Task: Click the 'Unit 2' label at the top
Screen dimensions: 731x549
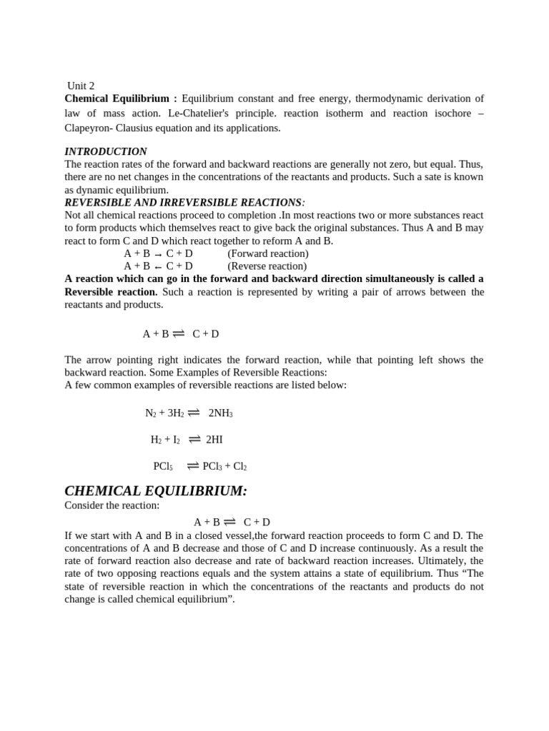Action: click(x=81, y=86)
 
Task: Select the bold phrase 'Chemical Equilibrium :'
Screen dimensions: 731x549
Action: click(x=121, y=99)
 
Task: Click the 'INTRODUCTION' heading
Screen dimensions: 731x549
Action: click(x=106, y=151)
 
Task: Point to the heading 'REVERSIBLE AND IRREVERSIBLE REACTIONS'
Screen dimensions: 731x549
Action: click(x=183, y=203)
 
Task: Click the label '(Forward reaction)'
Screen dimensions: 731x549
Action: click(x=268, y=253)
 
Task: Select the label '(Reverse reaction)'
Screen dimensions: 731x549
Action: click(x=267, y=266)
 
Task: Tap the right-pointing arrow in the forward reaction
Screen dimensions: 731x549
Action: click(x=158, y=254)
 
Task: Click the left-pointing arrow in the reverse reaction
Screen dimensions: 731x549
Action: click(x=158, y=267)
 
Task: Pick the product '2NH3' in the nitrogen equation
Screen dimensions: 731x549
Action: click(x=221, y=413)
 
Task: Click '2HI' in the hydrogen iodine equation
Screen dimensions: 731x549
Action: click(x=214, y=440)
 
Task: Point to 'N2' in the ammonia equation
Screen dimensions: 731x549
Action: click(x=150, y=413)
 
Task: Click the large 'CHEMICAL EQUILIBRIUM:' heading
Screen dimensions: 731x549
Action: click(x=156, y=491)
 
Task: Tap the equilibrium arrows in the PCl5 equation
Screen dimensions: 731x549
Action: click(x=192, y=465)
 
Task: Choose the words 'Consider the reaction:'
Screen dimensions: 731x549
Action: click(x=112, y=505)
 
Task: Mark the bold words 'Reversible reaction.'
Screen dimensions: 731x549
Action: click(x=111, y=292)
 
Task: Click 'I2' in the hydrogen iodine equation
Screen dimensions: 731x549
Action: click(x=174, y=440)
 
